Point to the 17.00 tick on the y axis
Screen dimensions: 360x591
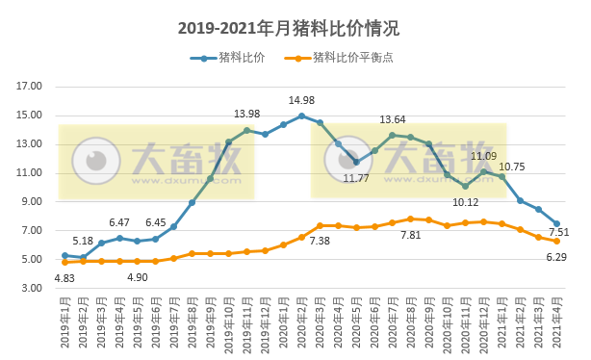pos(30,87)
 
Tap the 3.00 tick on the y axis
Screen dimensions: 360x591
pos(30,289)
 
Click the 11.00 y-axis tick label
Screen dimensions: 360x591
pos(30,173)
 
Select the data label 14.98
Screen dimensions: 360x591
pos(302,101)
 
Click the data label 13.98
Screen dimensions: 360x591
pos(247,115)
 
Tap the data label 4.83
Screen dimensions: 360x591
pos(64,279)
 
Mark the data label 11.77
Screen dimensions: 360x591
pos(356,178)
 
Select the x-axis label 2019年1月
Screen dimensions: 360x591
pos(65,323)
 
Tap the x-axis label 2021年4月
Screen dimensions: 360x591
pos(557,323)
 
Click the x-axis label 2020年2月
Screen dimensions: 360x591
pos(302,323)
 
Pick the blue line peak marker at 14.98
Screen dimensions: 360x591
pos(302,116)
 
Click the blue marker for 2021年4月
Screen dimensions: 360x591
pos(556,223)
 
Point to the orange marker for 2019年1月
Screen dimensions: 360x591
pos(64,262)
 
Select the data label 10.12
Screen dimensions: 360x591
pos(466,202)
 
